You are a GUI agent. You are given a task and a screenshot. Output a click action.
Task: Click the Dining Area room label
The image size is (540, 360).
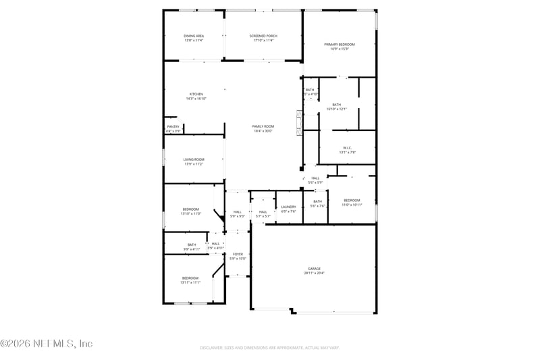tap(194, 36)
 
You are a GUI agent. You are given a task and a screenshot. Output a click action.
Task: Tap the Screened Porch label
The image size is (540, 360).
tap(263, 36)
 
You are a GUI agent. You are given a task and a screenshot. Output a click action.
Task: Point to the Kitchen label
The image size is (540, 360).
tap(196, 94)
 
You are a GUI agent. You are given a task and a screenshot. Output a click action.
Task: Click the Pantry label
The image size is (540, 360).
tap(173, 126)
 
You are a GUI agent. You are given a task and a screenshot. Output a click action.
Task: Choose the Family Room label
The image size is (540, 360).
tap(263, 126)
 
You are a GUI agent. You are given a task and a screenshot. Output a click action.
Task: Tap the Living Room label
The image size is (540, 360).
tap(194, 159)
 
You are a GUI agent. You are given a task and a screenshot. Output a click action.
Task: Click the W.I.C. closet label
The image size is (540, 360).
tap(347, 148)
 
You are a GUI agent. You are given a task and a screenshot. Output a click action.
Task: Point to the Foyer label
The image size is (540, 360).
tap(238, 254)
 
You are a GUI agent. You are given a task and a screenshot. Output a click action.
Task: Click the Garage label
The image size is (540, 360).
tap(314, 268)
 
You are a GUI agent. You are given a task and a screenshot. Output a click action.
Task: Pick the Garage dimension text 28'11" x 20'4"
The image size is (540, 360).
tap(314, 273)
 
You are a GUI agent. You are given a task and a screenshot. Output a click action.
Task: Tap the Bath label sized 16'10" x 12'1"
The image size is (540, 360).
tap(336, 104)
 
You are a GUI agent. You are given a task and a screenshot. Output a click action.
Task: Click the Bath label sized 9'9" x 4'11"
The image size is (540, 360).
tap(192, 245)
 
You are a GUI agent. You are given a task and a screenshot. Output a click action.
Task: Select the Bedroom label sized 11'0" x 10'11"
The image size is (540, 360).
tap(352, 200)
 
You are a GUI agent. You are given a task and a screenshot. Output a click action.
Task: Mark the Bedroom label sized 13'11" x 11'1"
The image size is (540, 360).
tap(190, 278)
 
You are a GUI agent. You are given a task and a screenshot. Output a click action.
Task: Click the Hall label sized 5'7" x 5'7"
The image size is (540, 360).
tap(263, 212)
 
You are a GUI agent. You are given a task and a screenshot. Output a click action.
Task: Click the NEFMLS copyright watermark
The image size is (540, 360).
tap(47, 344)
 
